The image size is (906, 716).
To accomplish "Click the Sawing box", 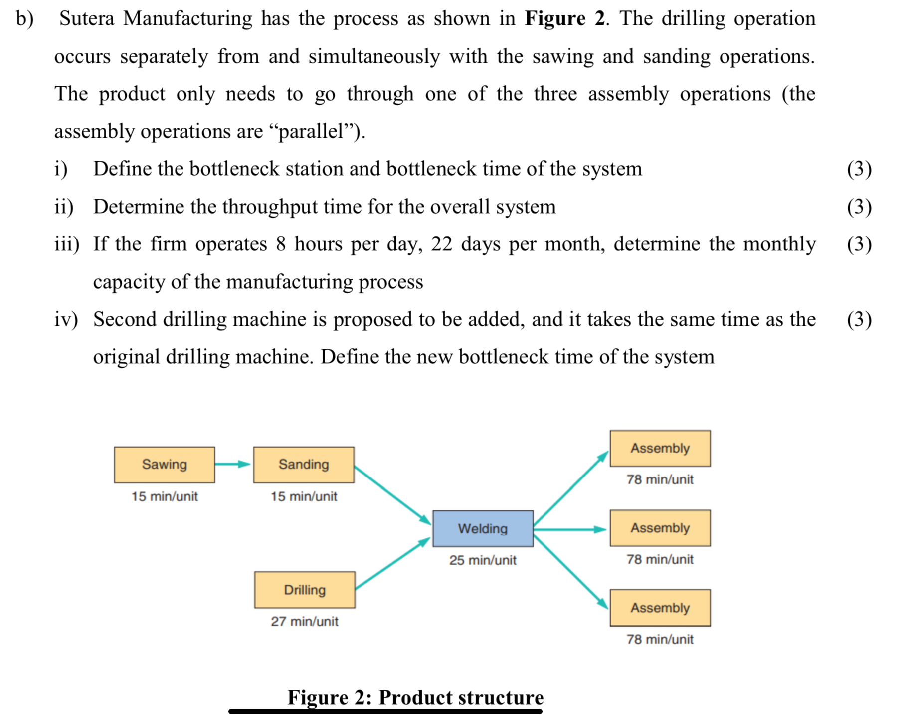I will [165, 465].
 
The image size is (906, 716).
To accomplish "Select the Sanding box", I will [304, 465].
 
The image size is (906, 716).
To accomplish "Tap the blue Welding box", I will [483, 528].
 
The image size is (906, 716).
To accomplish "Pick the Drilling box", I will [305, 590].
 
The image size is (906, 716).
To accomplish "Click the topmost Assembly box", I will [660, 448].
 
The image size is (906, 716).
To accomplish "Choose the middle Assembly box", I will [660, 528].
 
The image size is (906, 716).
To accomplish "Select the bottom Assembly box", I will [660, 608].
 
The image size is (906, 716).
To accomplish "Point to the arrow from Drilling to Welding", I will [392, 564].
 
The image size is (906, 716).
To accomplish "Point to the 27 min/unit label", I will [305, 621].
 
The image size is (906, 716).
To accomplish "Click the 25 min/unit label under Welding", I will [483, 560].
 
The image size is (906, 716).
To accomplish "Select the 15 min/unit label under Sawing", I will [165, 496].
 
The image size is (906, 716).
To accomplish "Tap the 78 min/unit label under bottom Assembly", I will [660, 639].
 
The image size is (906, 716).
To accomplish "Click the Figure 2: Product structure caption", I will [415, 697].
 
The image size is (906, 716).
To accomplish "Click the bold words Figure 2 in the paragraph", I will [564, 19].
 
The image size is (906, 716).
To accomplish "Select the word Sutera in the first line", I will [87, 19].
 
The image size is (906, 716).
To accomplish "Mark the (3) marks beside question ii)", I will [859, 207].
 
